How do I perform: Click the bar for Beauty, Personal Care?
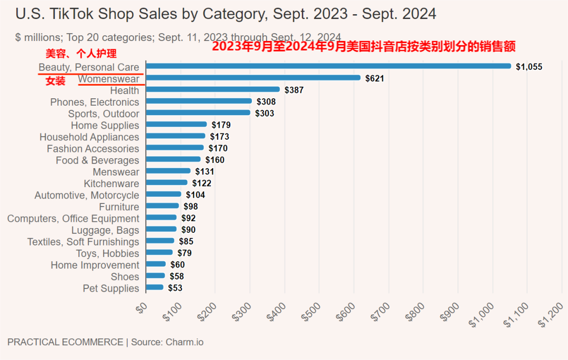coord(328,66)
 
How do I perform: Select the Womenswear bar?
coord(253,78)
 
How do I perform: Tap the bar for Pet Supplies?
coord(155,287)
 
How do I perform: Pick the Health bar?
coord(212,89)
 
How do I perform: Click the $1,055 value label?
coord(529,67)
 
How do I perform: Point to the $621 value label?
coord(374,78)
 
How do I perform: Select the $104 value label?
coord(195,195)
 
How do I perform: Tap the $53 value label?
coord(175,288)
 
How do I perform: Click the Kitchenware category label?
coord(111,183)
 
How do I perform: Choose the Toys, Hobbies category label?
coord(107,253)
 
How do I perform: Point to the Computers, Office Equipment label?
coord(73,219)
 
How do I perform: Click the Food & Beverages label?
coord(97,160)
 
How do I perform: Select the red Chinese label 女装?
coord(55,81)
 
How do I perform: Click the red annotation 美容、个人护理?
coord(81,54)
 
